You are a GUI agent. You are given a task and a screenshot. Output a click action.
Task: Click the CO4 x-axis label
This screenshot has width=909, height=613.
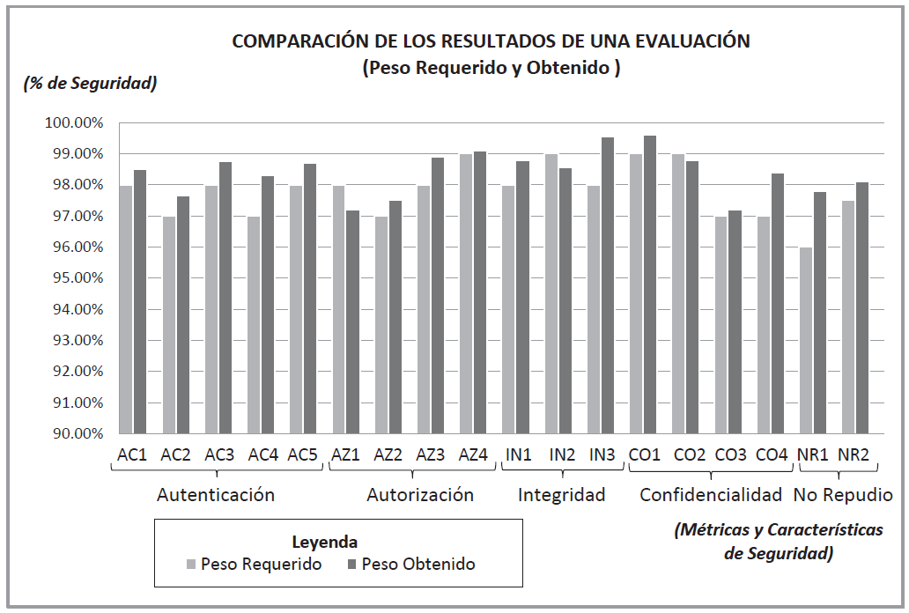(x=771, y=454)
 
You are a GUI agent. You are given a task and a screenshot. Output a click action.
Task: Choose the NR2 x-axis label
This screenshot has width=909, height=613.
(x=854, y=454)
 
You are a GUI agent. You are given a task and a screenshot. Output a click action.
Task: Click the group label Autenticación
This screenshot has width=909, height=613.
(x=216, y=495)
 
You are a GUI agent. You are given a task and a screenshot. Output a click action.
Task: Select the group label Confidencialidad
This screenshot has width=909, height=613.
(x=711, y=495)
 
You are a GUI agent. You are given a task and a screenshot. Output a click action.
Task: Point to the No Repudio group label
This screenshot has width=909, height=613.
(x=843, y=495)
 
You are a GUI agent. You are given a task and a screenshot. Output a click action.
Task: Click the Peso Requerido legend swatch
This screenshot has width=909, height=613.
(x=192, y=564)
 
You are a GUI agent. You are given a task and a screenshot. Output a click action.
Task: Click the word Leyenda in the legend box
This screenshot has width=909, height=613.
(x=324, y=542)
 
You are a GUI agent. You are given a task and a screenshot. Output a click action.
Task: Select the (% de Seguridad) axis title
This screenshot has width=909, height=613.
(x=89, y=84)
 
